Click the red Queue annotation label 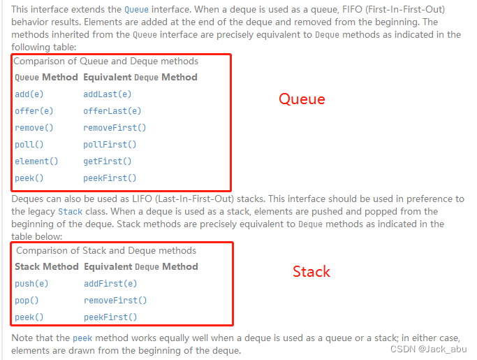[x=302, y=99]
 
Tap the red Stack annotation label [x=311, y=271]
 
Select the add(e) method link [x=28, y=94]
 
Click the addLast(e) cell [x=107, y=94]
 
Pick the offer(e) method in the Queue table [x=34, y=111]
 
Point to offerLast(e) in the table [x=112, y=111]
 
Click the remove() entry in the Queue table [x=34, y=128]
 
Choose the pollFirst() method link [x=110, y=145]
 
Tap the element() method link [x=36, y=161]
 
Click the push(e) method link [x=31, y=284]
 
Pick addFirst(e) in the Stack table [x=110, y=284]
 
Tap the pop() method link [x=27, y=301]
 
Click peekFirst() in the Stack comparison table [x=110, y=317]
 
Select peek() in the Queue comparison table [x=29, y=178]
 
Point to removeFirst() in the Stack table [x=115, y=301]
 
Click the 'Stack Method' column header [x=46, y=266]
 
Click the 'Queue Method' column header [x=45, y=77]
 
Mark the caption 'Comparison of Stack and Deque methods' [x=106, y=250]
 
